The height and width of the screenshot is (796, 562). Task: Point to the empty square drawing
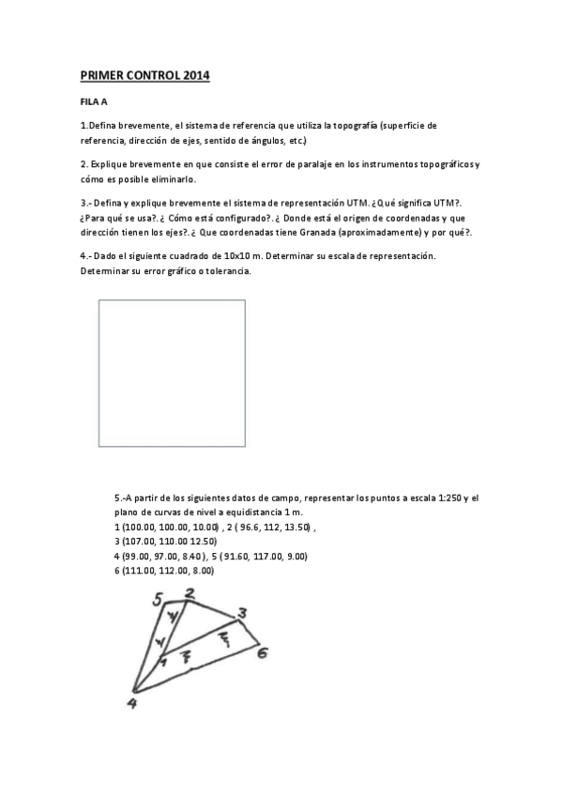point(172,373)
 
